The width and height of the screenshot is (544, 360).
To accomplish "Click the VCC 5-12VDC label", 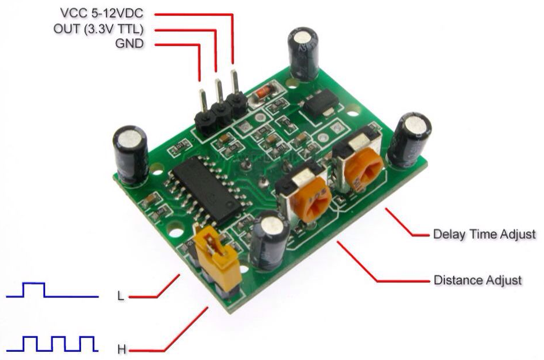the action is point(101,13).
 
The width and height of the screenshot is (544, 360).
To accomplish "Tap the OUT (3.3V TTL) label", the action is point(98,29).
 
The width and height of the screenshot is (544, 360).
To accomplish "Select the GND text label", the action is point(129,43).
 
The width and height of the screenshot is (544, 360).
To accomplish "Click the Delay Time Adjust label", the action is point(485,234).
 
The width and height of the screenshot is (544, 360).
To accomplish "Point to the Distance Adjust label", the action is point(478,280).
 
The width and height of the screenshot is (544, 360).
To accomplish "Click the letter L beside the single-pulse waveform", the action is point(121,296).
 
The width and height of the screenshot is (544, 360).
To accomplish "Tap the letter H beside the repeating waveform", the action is point(122,349).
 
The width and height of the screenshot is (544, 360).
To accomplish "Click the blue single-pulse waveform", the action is point(52,290).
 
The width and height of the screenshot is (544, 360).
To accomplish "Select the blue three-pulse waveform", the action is point(52,344).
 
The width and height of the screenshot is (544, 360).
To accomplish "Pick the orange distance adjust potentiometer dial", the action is point(311,202).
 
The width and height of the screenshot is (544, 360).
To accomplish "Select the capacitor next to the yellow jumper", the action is point(269,240).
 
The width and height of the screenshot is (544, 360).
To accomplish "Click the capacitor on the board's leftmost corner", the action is point(130,154).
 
